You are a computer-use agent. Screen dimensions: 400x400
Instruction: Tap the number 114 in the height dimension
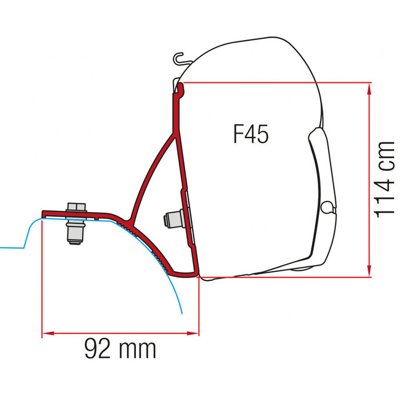pos(385,194)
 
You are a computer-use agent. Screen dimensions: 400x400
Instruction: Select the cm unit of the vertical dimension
pos(385,154)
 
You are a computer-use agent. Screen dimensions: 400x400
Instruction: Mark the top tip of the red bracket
pos(181,86)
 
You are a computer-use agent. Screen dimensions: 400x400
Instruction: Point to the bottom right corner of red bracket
pos(197,275)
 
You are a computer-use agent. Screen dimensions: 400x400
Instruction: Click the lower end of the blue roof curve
pos(182,313)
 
